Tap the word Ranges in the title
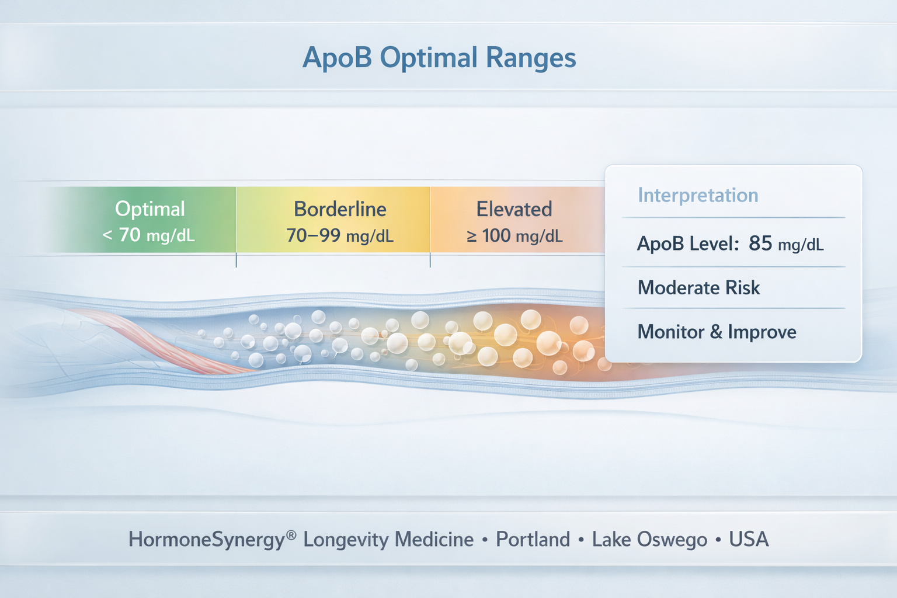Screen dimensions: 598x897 531,58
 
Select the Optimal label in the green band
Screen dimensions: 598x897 150,208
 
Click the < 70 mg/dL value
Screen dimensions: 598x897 148,235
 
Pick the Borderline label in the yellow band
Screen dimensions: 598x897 340,208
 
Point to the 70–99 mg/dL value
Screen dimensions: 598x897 340,236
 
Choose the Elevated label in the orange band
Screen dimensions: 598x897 514,208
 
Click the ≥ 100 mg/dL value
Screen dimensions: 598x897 514,236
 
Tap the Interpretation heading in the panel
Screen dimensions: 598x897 698,195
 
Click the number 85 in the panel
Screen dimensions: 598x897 760,244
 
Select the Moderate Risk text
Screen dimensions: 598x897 698,287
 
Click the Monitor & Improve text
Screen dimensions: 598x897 717,332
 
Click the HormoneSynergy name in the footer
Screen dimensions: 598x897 207,539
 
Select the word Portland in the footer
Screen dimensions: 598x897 533,539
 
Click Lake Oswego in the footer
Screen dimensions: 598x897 649,539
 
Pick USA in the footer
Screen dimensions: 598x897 749,539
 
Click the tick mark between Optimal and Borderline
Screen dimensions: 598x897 236,260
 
